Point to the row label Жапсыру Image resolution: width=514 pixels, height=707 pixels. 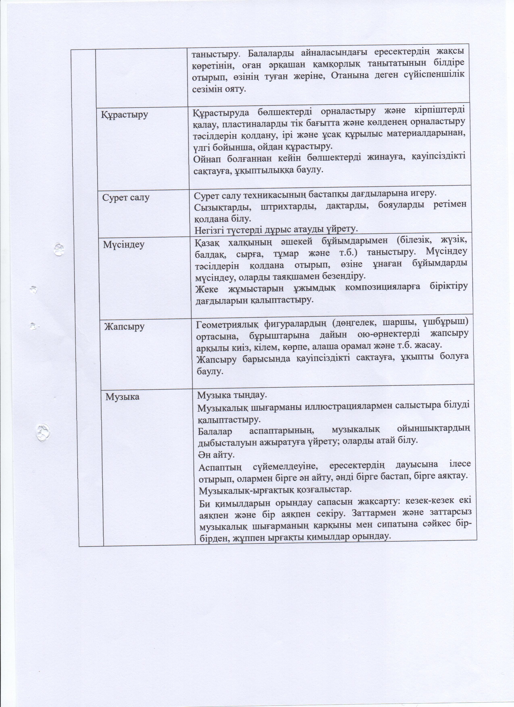pyautogui.click(x=124, y=326)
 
